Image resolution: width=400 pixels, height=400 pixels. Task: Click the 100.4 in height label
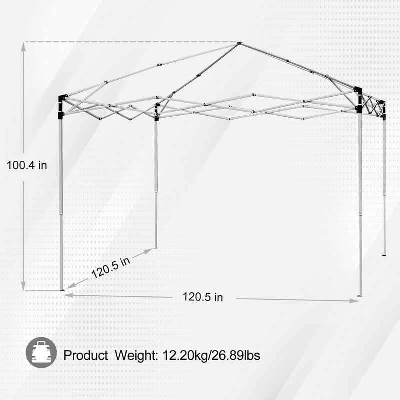point(27,165)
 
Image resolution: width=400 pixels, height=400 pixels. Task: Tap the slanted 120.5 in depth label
point(111,267)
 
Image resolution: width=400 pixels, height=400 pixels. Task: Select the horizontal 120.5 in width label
point(203,297)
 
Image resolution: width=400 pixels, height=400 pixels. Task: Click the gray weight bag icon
point(41,353)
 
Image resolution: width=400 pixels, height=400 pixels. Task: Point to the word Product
point(86,355)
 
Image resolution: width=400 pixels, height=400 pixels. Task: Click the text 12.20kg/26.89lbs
point(211,355)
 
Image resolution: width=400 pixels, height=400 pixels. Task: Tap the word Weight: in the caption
point(136,355)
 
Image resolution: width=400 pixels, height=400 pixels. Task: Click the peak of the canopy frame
point(239,43)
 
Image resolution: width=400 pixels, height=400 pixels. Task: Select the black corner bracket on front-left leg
point(62,107)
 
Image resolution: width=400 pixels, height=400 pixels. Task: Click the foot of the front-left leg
point(61,289)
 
